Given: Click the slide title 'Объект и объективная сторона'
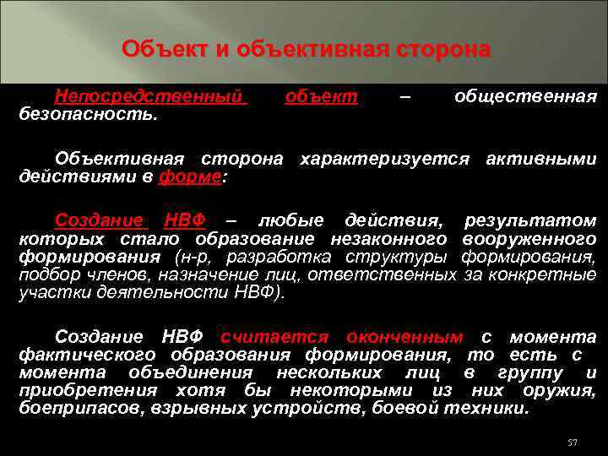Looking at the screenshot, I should tap(305, 49).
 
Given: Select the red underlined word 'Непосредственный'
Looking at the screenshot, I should tap(151, 96).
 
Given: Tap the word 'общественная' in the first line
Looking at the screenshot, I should tap(525, 96).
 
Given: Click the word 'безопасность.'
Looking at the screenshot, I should tap(88, 112).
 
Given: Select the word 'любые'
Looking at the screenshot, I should tap(292, 220).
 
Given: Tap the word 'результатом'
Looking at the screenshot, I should tap(530, 220).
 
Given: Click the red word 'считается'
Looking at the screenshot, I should tap(271, 335).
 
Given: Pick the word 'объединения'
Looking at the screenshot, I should tap(190, 372).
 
